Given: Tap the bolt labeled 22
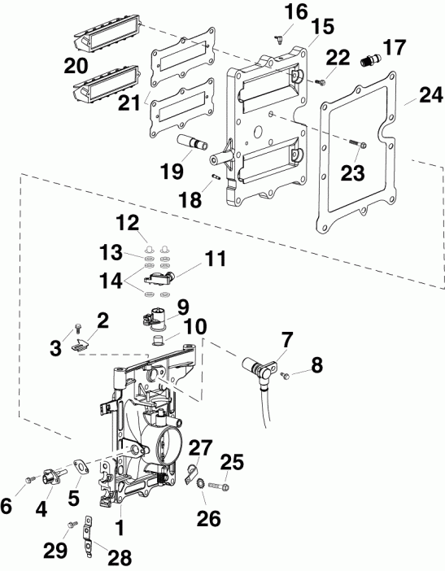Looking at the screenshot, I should (320, 80).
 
